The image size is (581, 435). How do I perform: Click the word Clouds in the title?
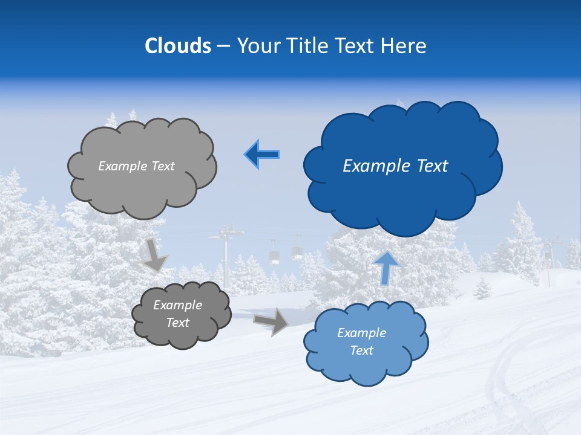[178, 46]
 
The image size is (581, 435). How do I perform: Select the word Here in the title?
[405, 46]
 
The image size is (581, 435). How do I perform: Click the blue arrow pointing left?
[262, 155]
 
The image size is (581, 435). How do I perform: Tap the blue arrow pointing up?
[386, 267]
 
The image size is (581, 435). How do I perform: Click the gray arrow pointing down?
[155, 254]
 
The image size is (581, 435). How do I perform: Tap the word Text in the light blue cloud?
[361, 350]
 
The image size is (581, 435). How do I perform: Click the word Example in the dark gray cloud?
[177, 305]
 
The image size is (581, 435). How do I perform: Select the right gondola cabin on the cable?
[297, 252]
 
